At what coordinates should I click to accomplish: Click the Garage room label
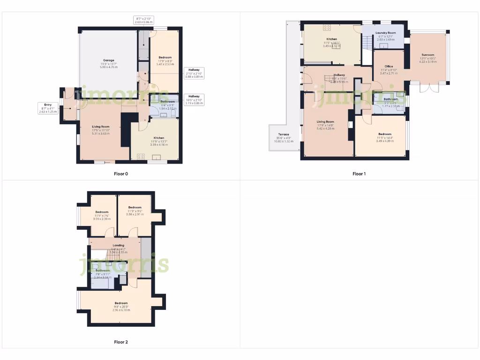[109, 60]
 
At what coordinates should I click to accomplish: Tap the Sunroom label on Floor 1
[427, 54]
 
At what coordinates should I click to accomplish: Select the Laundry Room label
[386, 33]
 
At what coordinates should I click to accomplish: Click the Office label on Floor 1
[389, 67]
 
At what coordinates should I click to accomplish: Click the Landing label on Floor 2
[114, 245]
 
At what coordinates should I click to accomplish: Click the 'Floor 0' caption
[121, 173]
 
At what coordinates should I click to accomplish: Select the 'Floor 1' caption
[359, 173]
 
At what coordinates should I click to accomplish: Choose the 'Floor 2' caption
[121, 342]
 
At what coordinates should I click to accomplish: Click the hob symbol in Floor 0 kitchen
[140, 157]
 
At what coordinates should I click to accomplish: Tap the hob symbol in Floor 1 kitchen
[327, 27]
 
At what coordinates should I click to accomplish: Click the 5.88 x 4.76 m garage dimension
[109, 67]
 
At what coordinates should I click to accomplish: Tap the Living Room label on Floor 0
[101, 127]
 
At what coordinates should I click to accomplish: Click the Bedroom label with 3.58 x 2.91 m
[135, 207]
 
